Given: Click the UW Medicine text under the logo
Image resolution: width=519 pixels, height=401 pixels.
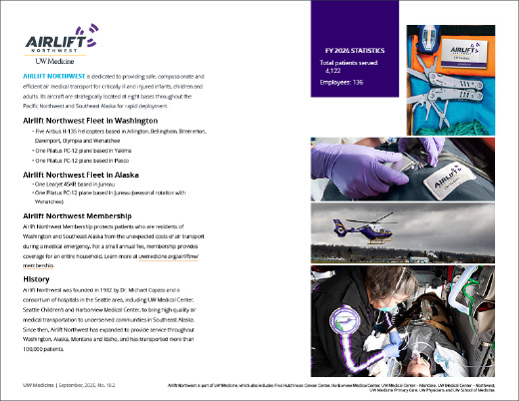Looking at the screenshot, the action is pos(43,62).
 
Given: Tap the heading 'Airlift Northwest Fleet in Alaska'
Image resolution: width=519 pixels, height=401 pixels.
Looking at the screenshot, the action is pos(79,175).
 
